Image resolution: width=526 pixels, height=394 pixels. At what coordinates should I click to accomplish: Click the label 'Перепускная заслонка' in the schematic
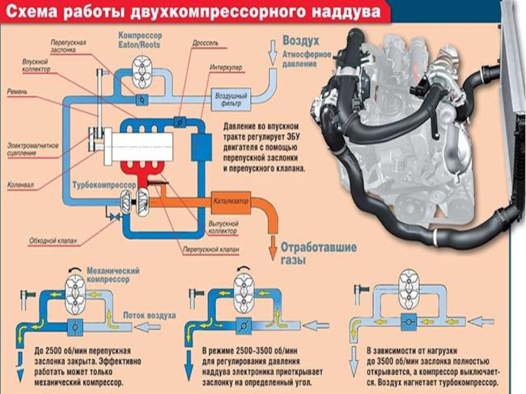pos(68,45)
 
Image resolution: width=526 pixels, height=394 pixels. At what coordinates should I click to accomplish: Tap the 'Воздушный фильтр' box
pos(228,99)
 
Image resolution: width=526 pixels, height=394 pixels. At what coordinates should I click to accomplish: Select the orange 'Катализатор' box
pos(231,200)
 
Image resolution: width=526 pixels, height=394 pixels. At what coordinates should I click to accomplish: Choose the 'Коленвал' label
pos(20,185)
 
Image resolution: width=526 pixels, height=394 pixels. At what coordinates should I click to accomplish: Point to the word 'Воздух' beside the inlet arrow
pos(300,40)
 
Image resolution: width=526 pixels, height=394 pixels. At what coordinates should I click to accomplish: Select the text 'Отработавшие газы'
pos(318,253)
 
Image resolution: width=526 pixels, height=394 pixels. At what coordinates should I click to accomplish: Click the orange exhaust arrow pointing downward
pos(271,246)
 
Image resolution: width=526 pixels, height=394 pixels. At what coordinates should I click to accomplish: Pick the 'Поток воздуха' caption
pos(149,315)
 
